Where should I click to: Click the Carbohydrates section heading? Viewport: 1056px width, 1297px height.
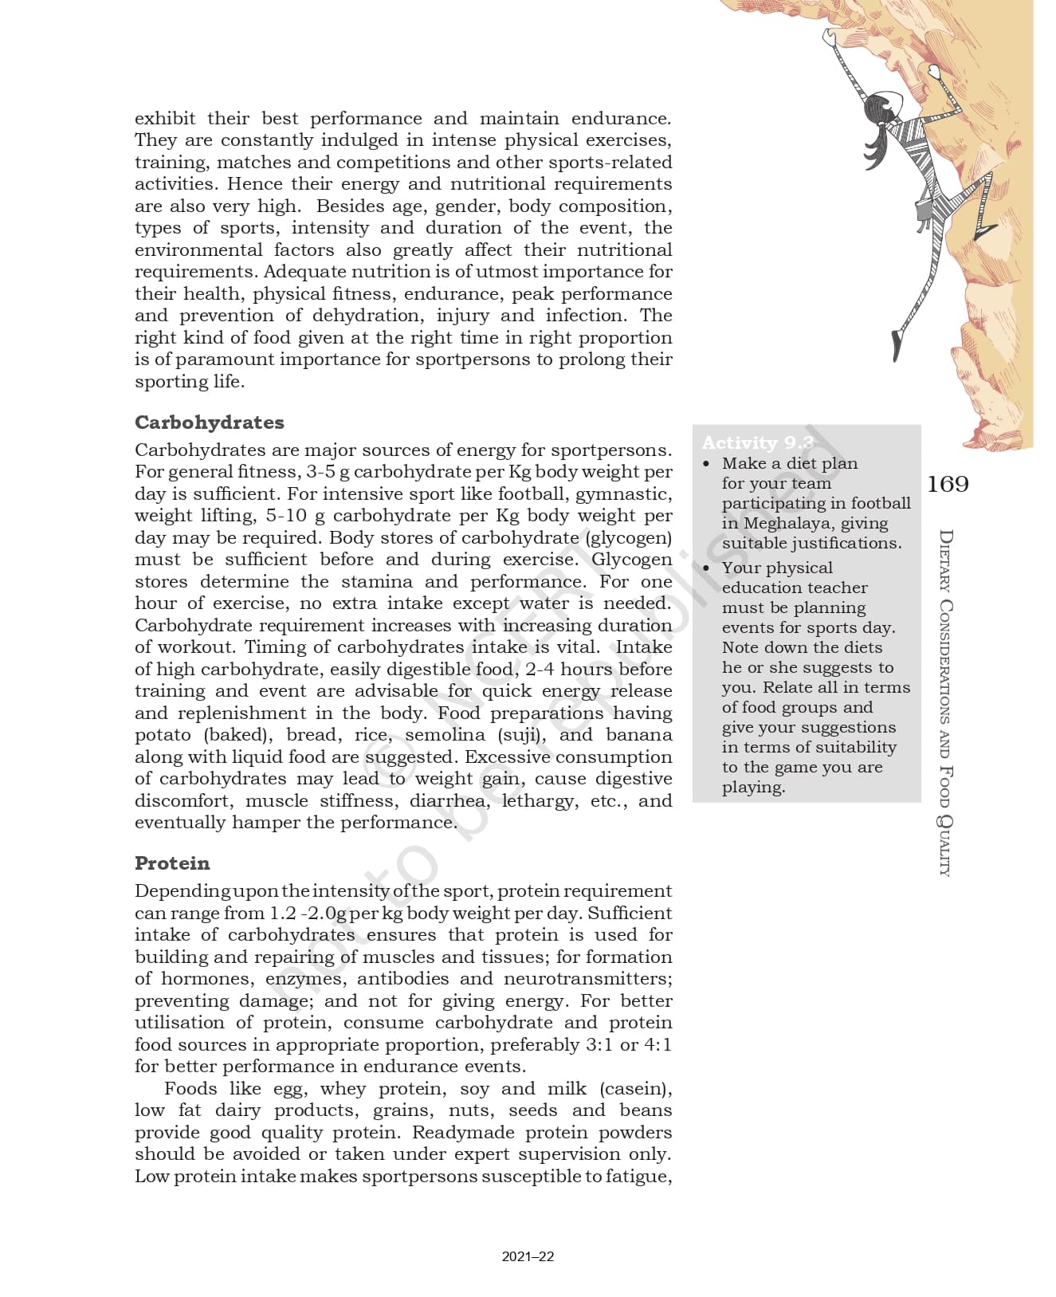pos(209,422)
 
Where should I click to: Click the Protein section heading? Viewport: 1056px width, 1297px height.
pos(172,863)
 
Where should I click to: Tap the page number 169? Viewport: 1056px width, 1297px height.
pos(948,484)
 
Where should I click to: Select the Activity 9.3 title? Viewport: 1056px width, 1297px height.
pos(757,442)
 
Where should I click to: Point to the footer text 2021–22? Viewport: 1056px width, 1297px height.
pos(528,1257)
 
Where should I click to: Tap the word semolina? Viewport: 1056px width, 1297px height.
pos(446,734)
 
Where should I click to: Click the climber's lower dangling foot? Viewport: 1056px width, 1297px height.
pos(897,344)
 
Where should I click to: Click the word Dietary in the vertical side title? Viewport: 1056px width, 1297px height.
pos(944,561)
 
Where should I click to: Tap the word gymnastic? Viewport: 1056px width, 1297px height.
pos(623,493)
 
